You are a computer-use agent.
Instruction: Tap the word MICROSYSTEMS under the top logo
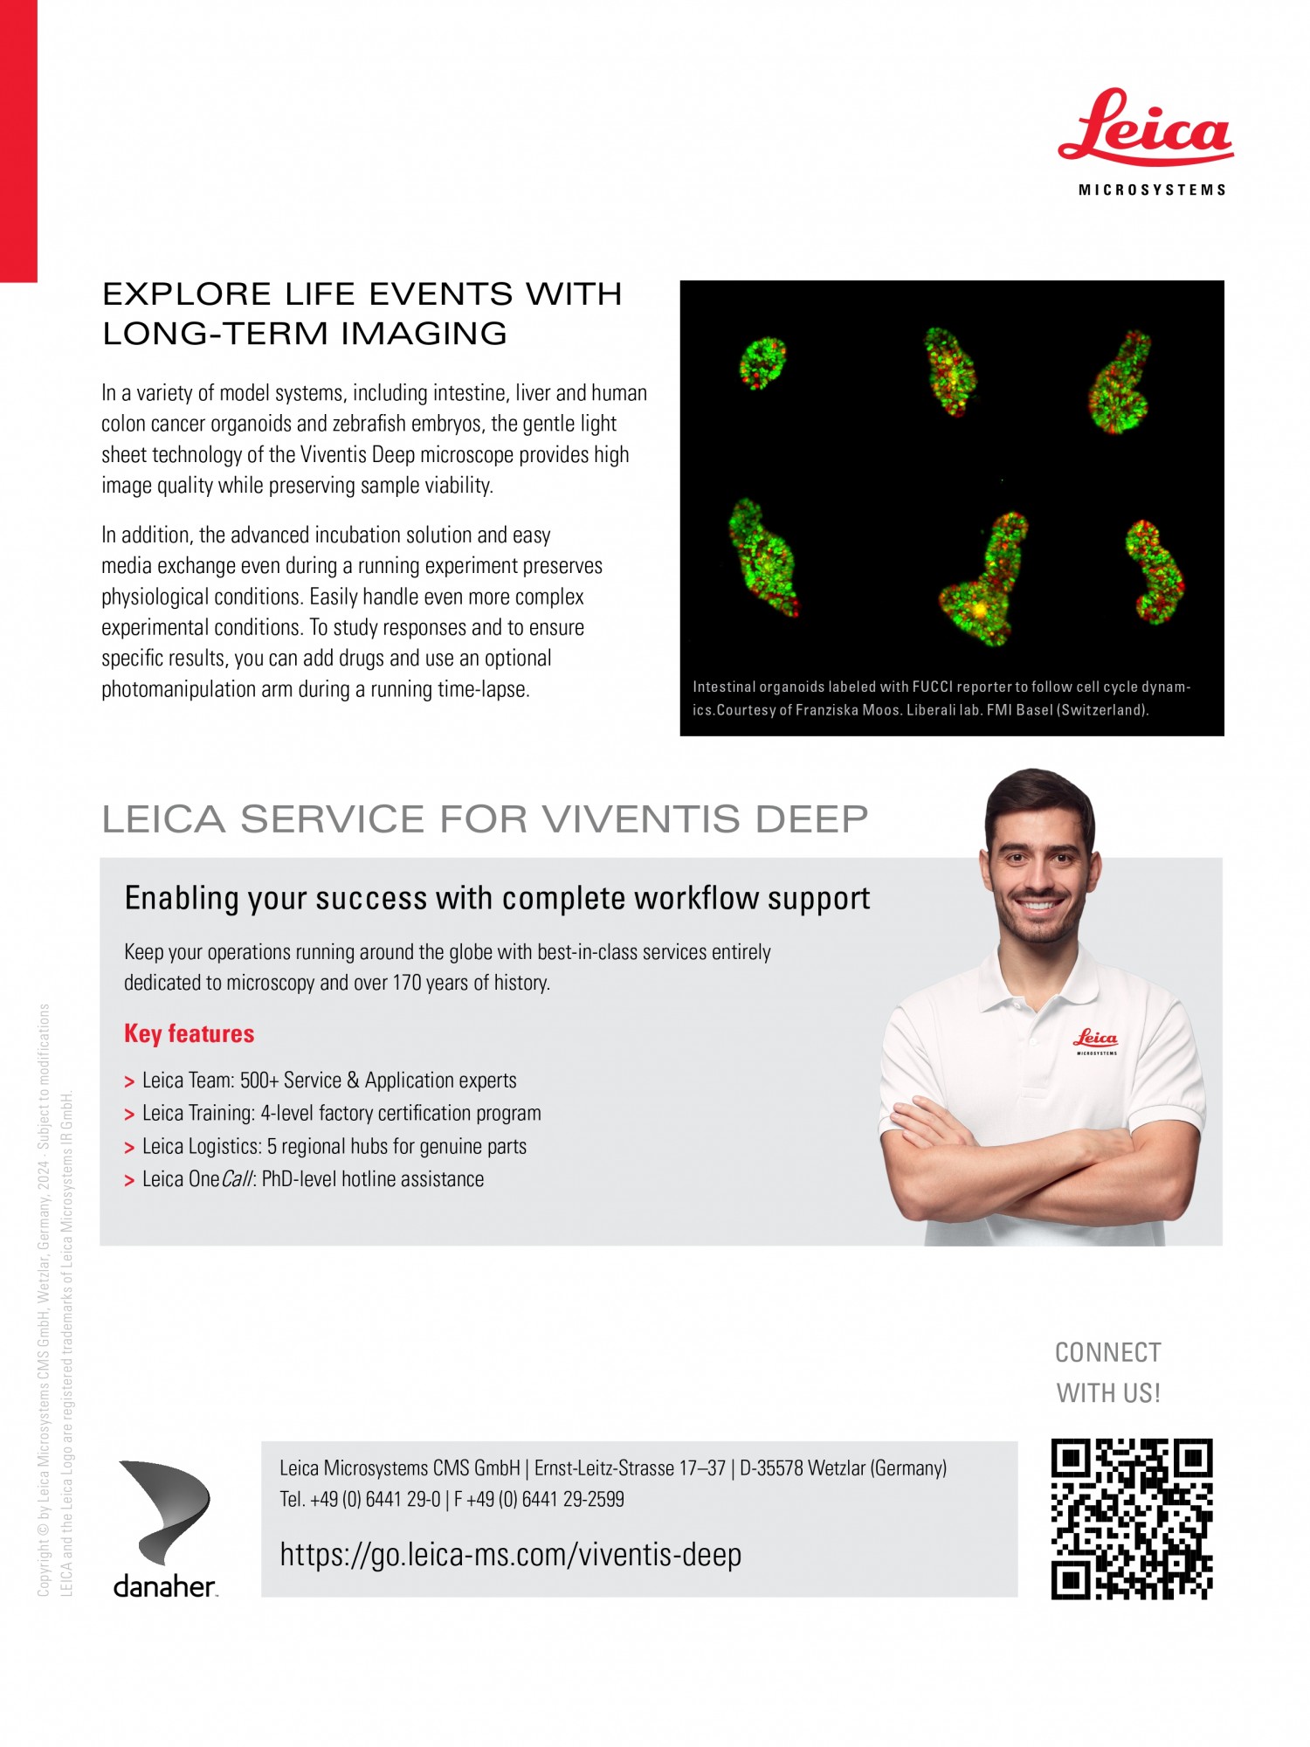(1152, 190)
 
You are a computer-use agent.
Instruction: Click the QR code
(1132, 1519)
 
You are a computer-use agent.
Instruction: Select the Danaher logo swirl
(167, 1511)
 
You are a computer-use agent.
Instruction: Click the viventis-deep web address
(510, 1555)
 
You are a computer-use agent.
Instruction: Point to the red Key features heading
(189, 1033)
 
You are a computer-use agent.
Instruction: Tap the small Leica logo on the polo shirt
(1096, 1039)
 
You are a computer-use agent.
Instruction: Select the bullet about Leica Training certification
(341, 1114)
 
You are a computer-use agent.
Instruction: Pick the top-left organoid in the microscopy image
(762, 363)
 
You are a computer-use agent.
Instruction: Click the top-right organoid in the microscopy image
(1120, 383)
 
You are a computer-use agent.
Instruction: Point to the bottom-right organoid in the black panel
(1155, 572)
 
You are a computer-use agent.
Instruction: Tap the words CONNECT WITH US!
(1108, 1372)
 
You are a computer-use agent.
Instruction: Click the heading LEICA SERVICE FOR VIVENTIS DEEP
(485, 819)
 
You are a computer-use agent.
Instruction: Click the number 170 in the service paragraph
(407, 983)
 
